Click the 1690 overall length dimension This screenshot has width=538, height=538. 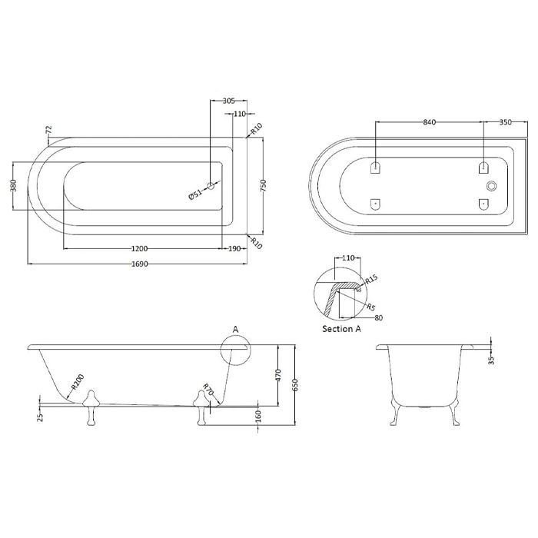coord(140,264)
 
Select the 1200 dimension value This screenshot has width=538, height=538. coord(139,249)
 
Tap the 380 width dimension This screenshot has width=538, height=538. coord(13,185)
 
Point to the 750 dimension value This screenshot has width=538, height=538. coord(263,186)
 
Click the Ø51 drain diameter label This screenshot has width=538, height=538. coord(195,194)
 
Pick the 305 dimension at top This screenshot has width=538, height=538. coord(228,101)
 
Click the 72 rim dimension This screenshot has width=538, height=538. coord(48,130)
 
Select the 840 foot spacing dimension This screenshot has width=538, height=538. coord(429,122)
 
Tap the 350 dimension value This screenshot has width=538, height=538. coord(506,122)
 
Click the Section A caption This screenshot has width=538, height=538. coord(341,329)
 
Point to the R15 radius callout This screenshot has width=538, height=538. coord(371,279)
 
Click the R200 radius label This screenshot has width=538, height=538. coord(78,382)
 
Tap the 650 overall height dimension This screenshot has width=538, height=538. coord(296,385)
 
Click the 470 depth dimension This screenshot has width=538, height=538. coord(278,375)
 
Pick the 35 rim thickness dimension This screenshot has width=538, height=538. coord(491,360)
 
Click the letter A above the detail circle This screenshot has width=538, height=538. coord(235,330)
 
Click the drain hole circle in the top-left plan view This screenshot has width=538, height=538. coord(211,186)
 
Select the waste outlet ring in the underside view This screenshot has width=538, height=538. coord(492,186)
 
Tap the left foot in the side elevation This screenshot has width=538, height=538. coord(91,407)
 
